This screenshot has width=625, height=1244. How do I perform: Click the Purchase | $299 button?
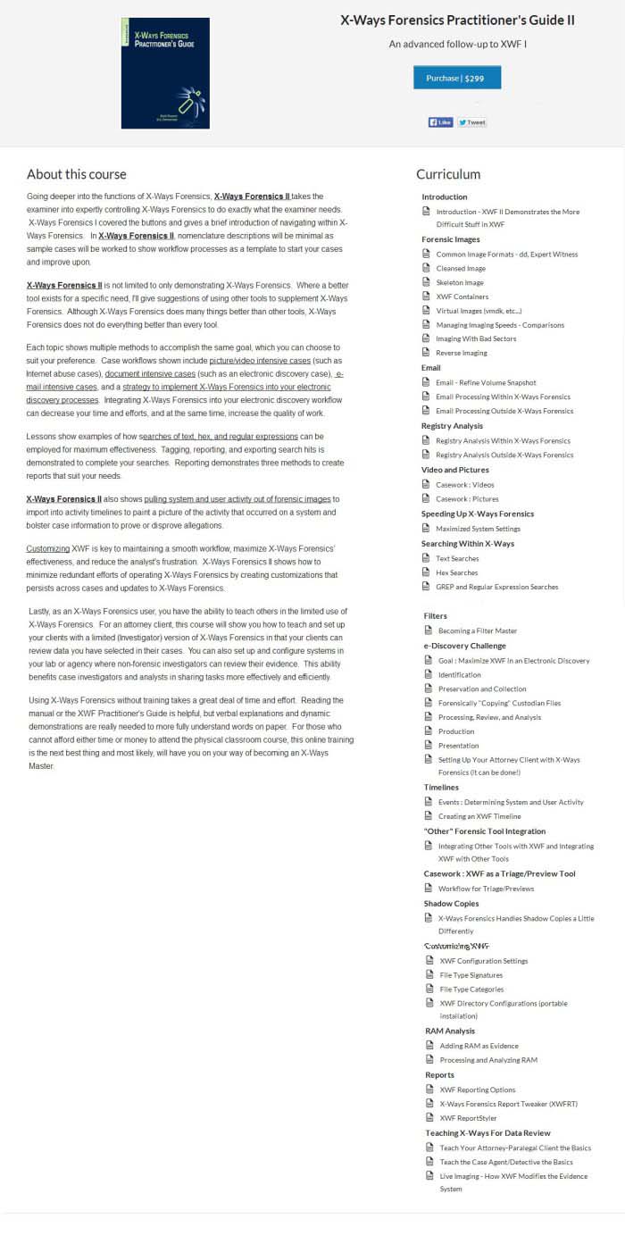point(456,78)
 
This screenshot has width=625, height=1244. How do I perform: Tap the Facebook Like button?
point(440,122)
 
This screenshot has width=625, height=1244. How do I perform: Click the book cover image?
point(165,73)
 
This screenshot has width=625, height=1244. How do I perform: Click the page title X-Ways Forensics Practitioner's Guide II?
point(457,21)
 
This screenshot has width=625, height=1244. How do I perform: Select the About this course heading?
point(77,174)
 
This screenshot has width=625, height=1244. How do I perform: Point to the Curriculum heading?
point(448,174)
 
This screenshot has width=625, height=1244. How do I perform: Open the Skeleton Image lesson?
point(461,282)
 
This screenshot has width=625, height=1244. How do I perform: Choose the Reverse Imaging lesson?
point(462,353)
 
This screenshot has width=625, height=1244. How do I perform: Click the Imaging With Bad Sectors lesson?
point(476,338)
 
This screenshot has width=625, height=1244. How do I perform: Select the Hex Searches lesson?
point(456,572)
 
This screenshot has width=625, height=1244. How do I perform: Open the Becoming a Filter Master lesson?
point(477,630)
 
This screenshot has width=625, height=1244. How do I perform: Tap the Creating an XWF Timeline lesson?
point(479,816)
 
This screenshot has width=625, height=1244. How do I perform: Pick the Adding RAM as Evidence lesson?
point(479,1046)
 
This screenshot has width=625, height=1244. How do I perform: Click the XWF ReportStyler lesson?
point(468,1118)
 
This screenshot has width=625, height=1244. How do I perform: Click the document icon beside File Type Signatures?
point(430,975)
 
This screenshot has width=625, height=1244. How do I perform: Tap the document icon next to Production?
point(429,731)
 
